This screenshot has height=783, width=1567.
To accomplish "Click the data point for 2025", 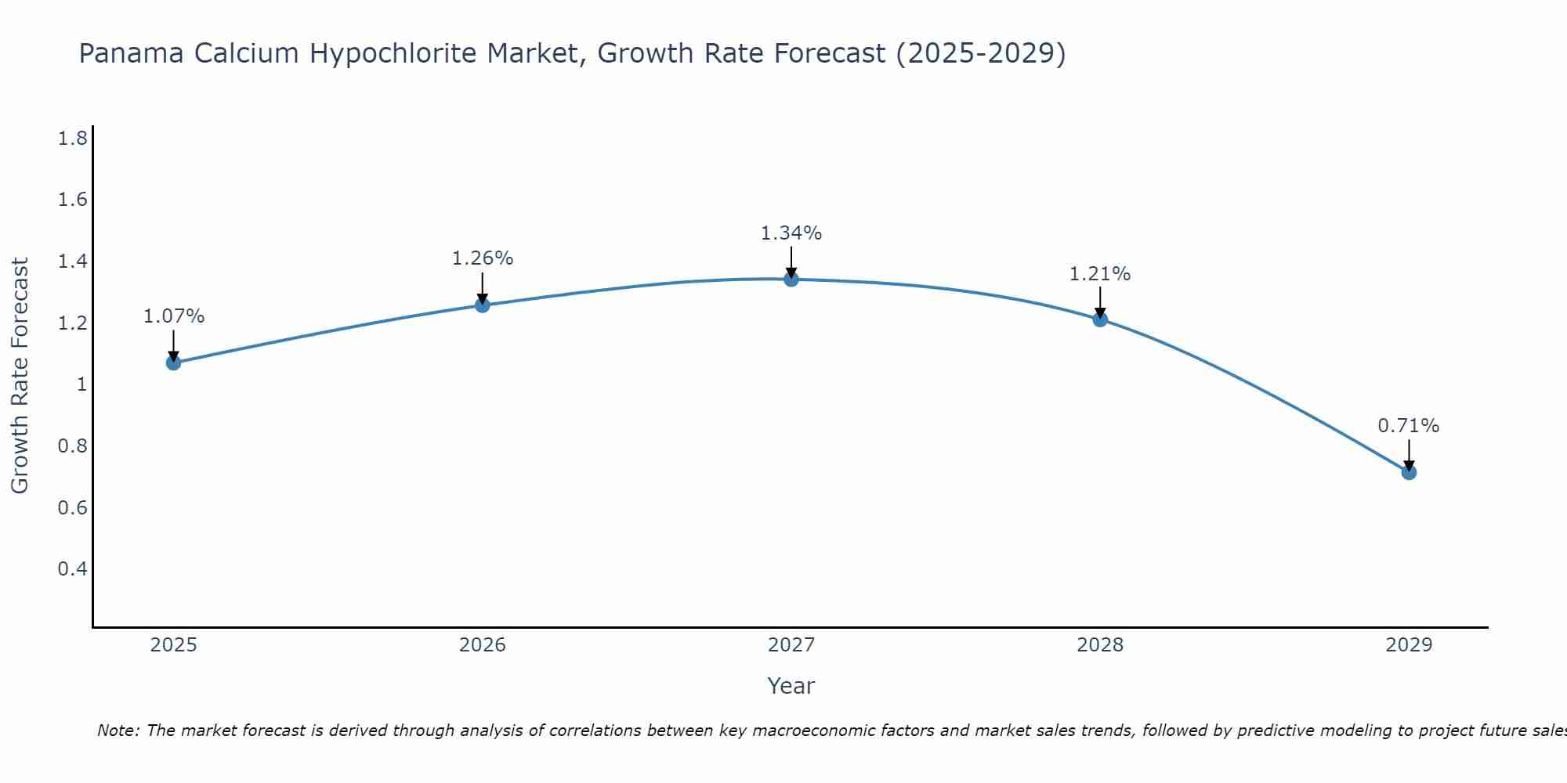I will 174,363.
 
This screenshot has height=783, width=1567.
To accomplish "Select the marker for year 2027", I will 791,279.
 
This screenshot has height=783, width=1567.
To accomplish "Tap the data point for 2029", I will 1409,472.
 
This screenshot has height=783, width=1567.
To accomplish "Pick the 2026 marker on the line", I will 483,305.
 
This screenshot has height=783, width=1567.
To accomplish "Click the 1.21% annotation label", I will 1100,274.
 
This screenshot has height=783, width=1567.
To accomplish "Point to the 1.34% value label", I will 791,233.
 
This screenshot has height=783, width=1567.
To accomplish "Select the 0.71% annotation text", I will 1409,426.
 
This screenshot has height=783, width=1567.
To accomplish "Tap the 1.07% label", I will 174,316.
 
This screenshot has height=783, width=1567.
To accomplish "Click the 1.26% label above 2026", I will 483,258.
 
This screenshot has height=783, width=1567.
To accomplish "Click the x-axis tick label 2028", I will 1100,645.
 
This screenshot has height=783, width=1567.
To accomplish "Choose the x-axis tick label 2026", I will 483,645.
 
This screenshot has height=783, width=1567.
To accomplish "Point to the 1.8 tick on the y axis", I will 72,139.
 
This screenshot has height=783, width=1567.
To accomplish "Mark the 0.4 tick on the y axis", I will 72,568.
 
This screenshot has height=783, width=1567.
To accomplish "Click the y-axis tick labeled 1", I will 81,384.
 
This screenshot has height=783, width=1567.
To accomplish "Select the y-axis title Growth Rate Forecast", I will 20,376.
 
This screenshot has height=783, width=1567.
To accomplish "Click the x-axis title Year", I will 791,686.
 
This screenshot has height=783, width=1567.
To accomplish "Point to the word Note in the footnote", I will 118,731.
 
